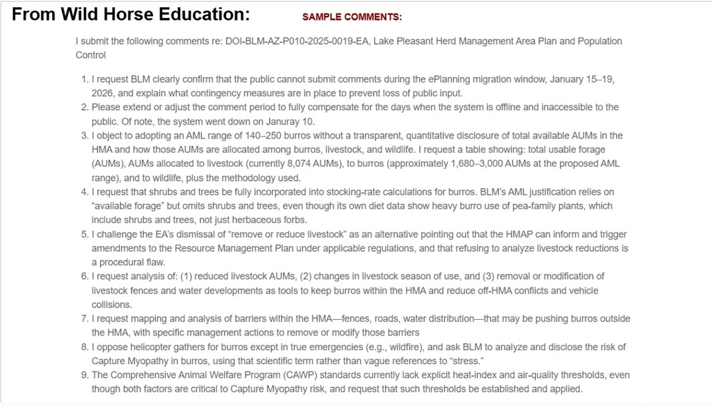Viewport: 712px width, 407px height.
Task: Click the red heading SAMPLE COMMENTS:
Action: pyautogui.click(x=351, y=17)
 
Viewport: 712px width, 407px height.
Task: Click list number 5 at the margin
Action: pyautogui.click(x=84, y=234)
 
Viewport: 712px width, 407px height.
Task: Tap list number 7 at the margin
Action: pyautogui.click(x=84, y=319)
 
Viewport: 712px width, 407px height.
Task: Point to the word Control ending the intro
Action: pyautogui.click(x=91, y=55)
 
